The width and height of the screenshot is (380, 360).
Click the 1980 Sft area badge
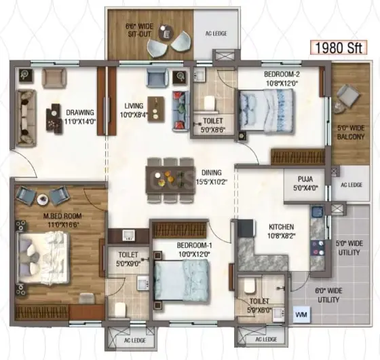pos(339,48)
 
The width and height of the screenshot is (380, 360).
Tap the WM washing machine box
pos(301,314)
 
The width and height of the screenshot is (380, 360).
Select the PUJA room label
pos(305,179)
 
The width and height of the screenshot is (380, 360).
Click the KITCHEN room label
pos(282,227)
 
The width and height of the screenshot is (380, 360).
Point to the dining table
pos(170,180)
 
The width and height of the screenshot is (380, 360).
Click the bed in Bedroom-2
pos(266,111)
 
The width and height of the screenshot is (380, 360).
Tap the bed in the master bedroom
pos(43,257)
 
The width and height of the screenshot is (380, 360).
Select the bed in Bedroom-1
pos(181,281)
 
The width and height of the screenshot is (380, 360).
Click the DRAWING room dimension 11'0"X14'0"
pos(81,122)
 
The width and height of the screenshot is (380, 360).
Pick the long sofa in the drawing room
pos(26,118)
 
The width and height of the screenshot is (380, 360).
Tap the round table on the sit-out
pos(166,31)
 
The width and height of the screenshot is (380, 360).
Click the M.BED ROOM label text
pos(62,216)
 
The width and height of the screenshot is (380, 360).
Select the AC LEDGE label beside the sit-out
pos(216,33)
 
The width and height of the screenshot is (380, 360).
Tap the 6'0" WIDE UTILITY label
pos(328,295)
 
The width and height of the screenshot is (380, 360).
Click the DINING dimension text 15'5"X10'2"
pos(211,182)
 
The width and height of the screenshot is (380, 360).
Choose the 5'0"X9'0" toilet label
pos(128,264)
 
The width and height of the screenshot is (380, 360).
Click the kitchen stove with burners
pos(318,248)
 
